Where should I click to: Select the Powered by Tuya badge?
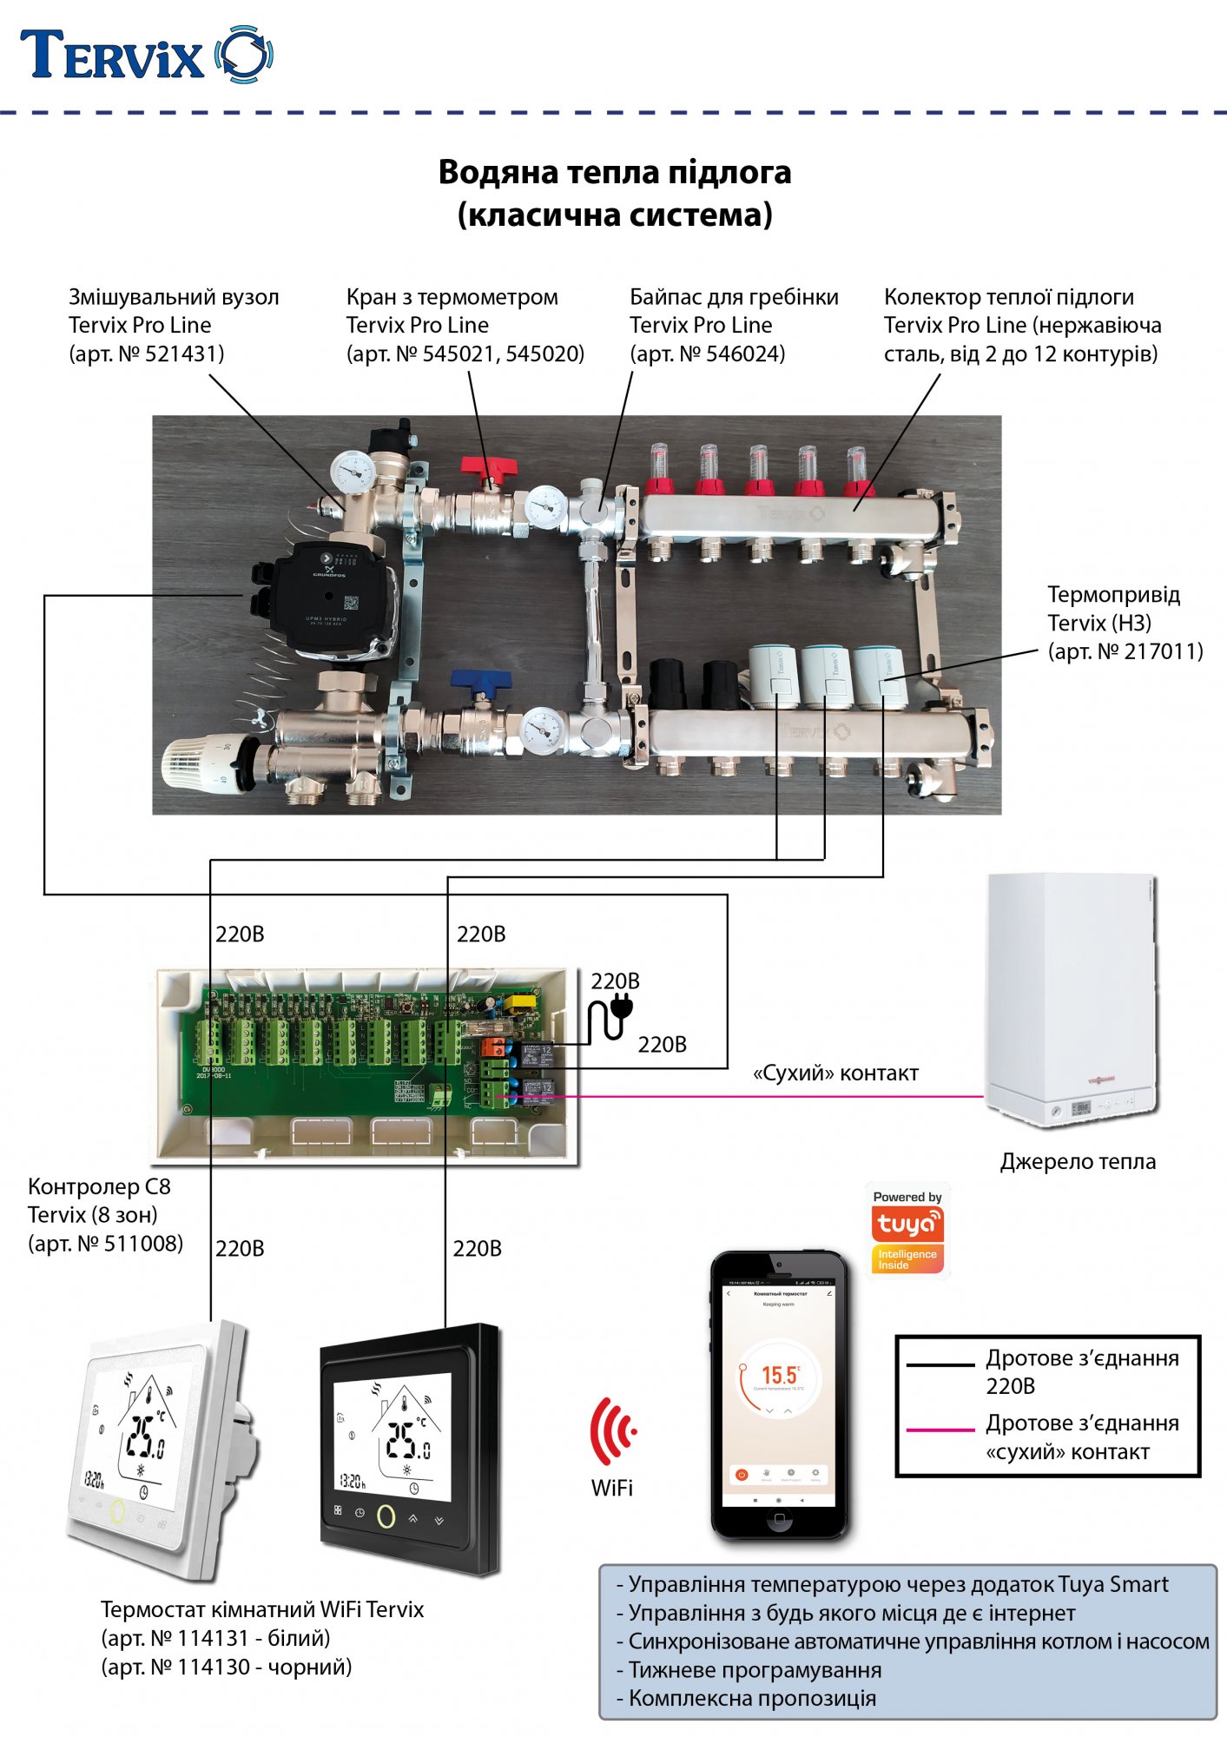(907, 1230)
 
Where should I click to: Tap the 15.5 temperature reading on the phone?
(779, 1375)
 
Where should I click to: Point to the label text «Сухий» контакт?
(835, 1073)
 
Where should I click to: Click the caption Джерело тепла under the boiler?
(1078, 1162)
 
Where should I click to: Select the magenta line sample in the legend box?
(940, 1429)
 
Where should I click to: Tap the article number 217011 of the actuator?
(1163, 651)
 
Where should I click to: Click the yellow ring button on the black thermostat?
(386, 1516)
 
